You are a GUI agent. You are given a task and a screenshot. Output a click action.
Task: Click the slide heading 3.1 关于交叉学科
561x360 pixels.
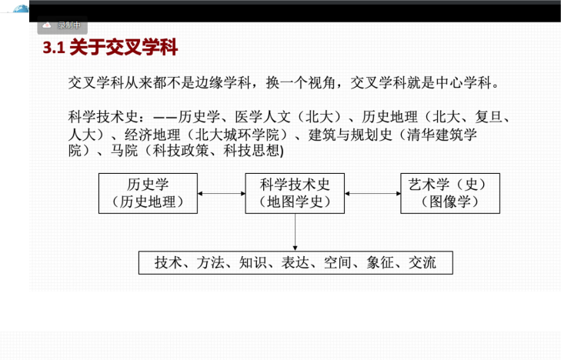[110, 47]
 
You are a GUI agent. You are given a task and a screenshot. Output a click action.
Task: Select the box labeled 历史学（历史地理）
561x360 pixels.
[148, 193]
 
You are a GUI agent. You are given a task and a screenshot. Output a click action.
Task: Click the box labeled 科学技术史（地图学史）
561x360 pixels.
[295, 193]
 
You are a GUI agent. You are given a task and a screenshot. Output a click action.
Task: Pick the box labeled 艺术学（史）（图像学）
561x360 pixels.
[450, 193]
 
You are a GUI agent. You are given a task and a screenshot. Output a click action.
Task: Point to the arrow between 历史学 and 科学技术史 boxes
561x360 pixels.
[222, 193]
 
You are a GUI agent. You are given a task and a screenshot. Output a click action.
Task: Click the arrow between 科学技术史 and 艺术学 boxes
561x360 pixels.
[372, 193]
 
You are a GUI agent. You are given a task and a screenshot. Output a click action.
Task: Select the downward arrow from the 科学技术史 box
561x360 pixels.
[296, 232]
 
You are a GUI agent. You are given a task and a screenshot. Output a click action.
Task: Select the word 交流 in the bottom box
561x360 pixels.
[422, 263]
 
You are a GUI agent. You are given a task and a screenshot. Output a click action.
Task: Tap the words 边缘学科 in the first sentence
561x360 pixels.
[223, 82]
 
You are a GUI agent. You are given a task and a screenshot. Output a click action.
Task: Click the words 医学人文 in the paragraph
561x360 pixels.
[262, 117]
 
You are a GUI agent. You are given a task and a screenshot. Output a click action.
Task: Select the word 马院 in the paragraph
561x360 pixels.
[124, 151]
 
